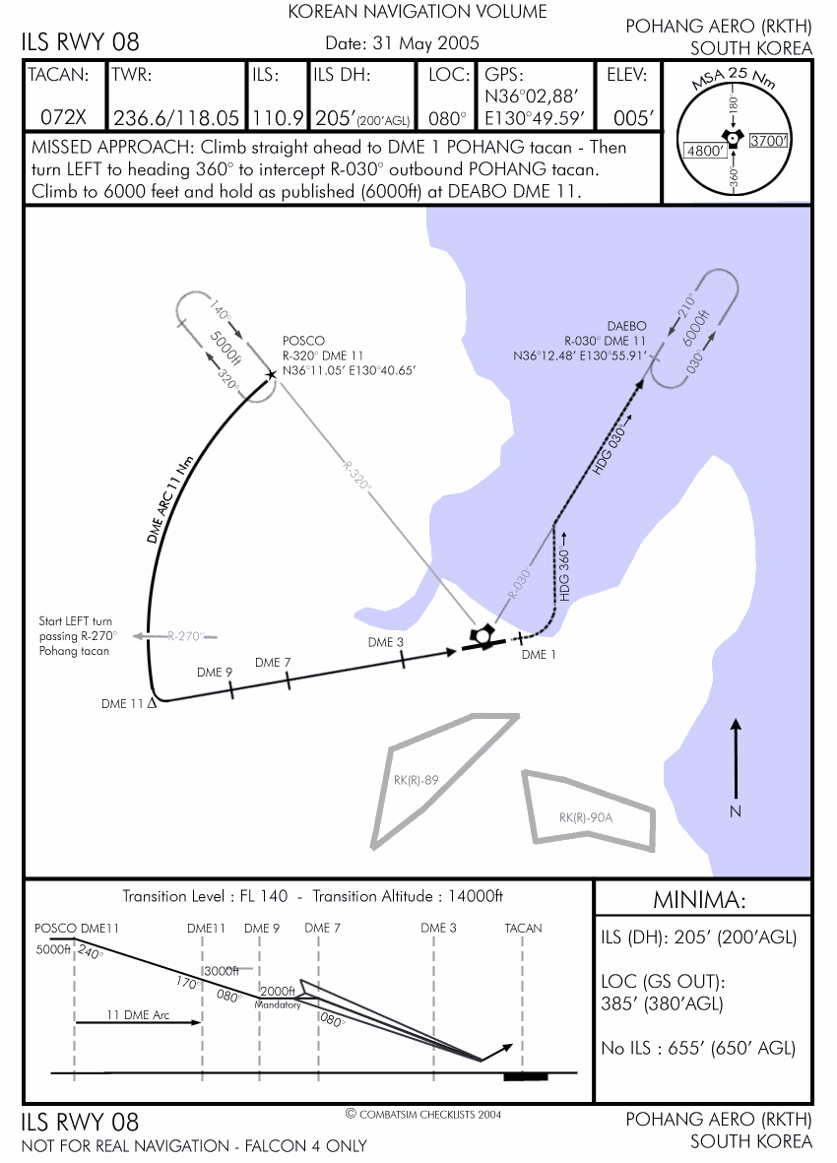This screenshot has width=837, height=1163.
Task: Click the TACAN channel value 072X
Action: pos(64,117)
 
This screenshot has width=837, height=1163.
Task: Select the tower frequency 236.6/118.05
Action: pos(176,117)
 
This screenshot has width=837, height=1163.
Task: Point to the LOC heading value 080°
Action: pos(448,117)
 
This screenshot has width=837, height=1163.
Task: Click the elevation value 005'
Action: pos(634,117)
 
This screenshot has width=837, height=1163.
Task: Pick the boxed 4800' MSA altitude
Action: pos(704,152)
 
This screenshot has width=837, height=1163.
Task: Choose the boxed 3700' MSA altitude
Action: pos(769,141)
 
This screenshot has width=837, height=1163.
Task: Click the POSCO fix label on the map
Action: pos(303,341)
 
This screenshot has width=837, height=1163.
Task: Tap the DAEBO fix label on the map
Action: pos(626,325)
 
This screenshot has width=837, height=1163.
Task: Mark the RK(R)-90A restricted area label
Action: pos(586,817)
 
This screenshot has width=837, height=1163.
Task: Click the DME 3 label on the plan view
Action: pos(386,642)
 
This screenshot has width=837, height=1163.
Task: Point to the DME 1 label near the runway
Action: pos(539,655)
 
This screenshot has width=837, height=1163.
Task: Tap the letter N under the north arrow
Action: pos(735,810)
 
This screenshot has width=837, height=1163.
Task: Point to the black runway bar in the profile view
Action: pos(525,1075)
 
